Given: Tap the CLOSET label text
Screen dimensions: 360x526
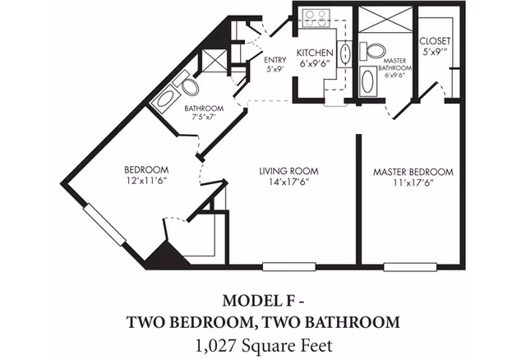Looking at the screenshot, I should [x=433, y=41].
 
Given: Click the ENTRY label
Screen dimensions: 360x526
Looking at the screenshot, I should [x=275, y=60].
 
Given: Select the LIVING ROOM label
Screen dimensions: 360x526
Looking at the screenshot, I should [x=288, y=171].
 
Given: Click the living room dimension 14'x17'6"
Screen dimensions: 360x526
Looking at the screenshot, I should [x=288, y=182].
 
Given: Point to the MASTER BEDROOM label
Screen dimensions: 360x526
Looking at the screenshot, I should [x=413, y=172].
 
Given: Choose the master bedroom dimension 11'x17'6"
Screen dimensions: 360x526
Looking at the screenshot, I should [x=413, y=183].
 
